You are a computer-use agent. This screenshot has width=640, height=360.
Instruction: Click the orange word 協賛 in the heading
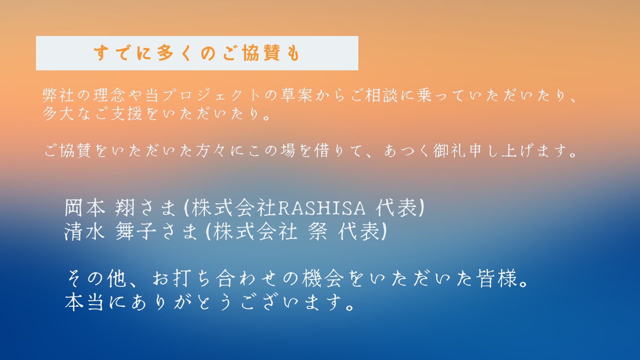261,53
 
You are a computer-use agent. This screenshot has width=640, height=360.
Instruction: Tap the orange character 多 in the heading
165,53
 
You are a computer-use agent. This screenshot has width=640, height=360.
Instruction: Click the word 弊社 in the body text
58,95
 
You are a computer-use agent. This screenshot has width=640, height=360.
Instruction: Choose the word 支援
127,114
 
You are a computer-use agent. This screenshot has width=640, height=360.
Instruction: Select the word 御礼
449,151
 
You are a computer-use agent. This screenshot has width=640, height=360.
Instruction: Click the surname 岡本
85,207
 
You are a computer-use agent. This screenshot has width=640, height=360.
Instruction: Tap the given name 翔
125,207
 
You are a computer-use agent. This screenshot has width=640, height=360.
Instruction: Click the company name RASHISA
321,208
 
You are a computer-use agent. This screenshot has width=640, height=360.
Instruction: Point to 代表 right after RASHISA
396,207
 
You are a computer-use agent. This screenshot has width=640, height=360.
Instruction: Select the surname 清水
85,231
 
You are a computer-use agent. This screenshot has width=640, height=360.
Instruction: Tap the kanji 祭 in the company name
318,231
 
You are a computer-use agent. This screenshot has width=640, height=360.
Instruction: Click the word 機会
323,278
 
